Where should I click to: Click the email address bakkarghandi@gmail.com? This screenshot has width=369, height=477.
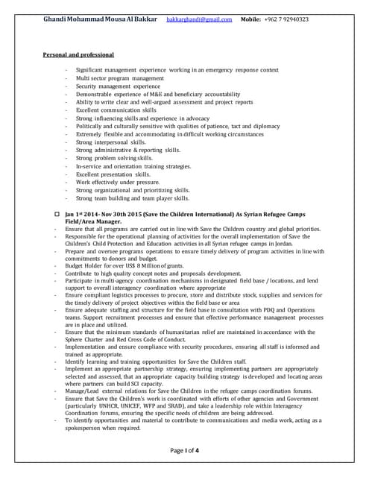[198, 19]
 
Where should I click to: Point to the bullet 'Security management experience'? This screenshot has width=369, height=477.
[118, 86]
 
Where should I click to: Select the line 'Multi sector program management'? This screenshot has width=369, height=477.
[119, 78]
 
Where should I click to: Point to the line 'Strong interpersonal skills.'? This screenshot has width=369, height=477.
[111, 142]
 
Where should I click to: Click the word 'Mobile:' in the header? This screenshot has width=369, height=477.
[250, 19]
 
